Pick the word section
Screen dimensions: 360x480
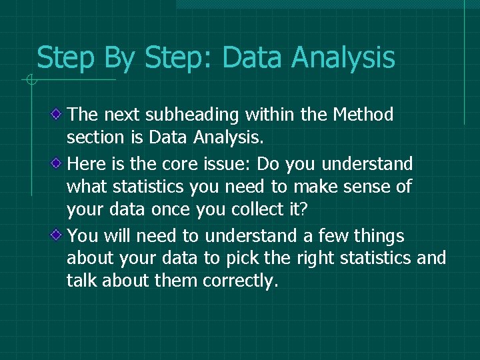[93, 138]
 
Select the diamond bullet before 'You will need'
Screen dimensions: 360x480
[59, 235]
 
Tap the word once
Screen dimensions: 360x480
[169, 210]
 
